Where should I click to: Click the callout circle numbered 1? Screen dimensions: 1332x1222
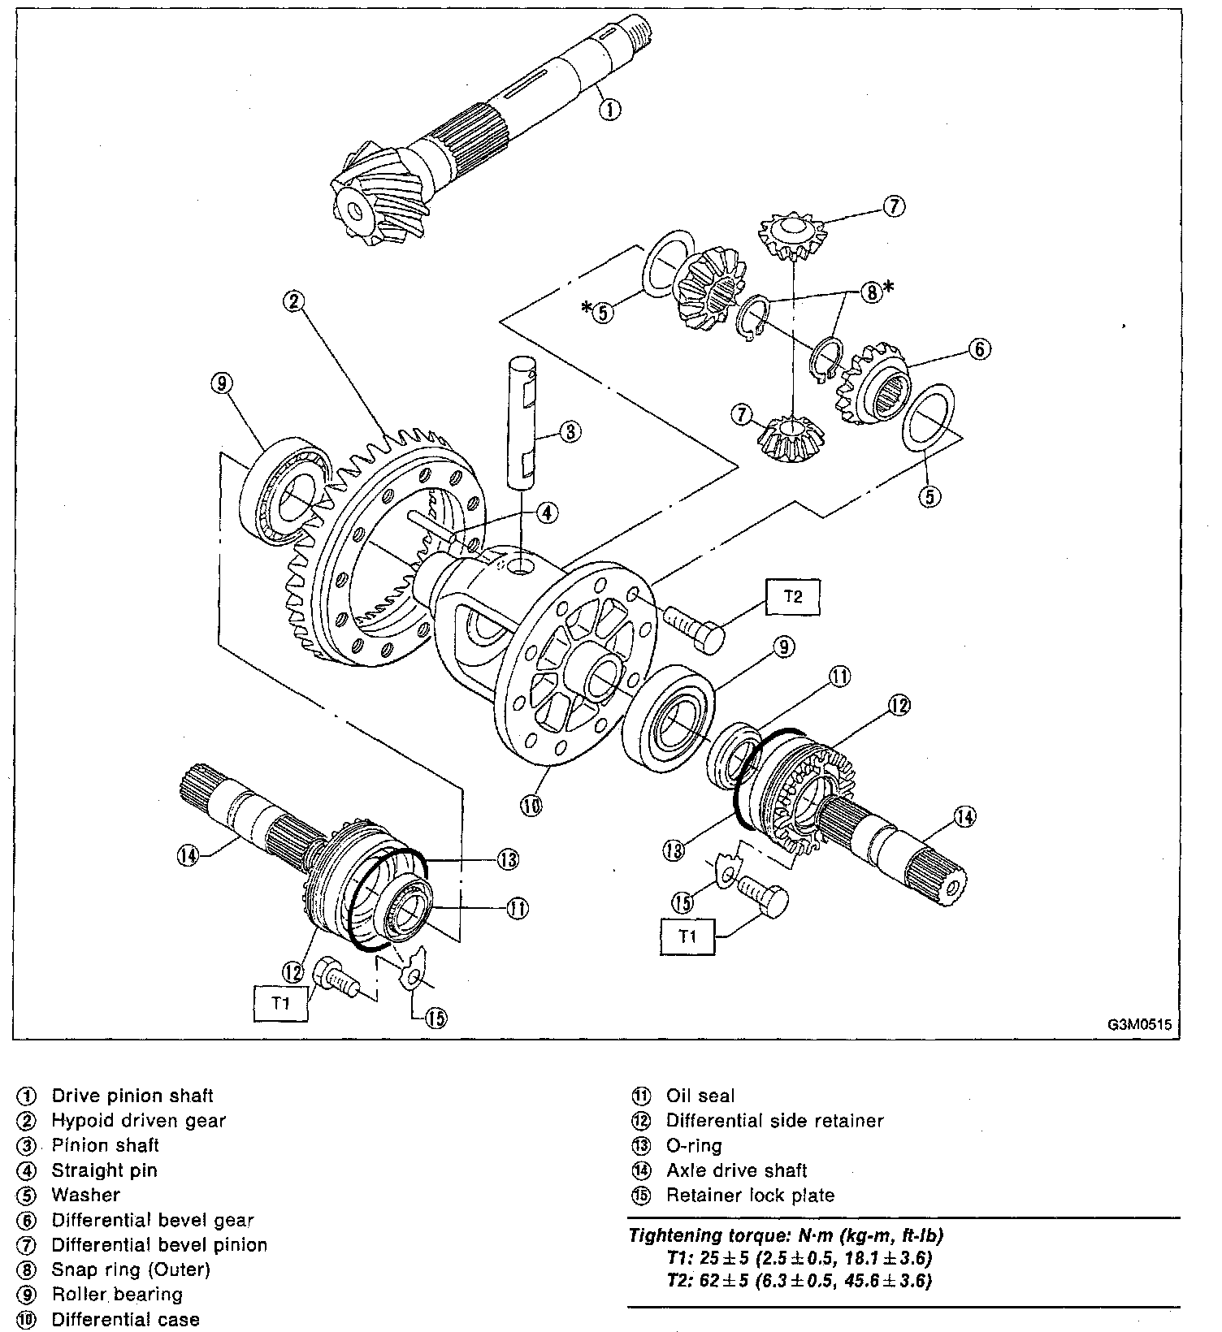click(610, 108)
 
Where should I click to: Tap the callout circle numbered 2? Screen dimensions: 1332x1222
click(293, 301)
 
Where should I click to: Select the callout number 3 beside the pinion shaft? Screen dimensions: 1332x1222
click(570, 431)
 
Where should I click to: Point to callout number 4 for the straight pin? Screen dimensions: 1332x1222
click(547, 512)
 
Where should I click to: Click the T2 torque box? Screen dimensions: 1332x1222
click(792, 597)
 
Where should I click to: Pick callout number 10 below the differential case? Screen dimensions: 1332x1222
click(531, 805)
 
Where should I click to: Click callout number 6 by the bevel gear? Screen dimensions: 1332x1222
click(980, 349)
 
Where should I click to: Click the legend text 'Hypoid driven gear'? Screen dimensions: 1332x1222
click(138, 1121)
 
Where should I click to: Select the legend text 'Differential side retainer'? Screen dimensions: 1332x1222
click(774, 1121)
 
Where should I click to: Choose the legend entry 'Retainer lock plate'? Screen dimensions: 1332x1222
click(750, 1196)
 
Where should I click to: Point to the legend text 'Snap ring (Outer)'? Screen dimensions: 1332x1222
click(131, 1269)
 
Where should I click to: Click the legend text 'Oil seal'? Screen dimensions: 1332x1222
click(700, 1096)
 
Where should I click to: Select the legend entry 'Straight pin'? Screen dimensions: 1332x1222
click(104, 1170)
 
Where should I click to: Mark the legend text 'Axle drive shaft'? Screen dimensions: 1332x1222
click(736, 1170)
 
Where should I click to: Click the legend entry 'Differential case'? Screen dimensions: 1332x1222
click(125, 1320)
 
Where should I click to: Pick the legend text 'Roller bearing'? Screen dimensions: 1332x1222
click(117, 1295)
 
